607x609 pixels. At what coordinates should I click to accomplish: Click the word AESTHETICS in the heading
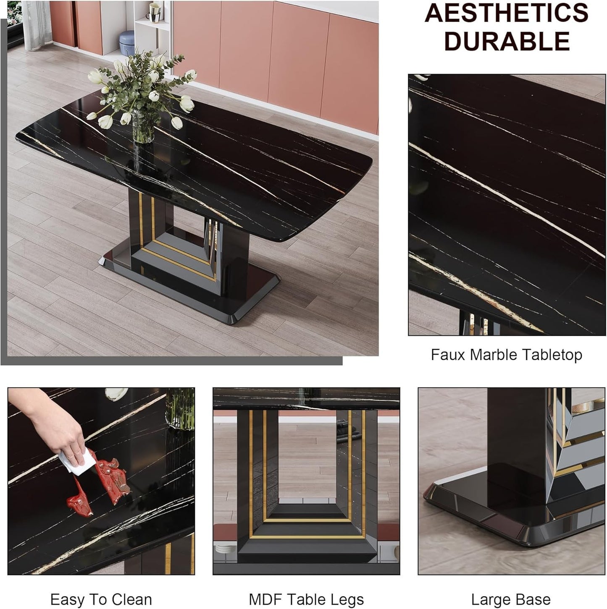(x=507, y=13)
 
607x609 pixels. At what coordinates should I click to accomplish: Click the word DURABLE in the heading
(x=507, y=41)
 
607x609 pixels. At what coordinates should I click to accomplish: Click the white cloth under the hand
(x=77, y=462)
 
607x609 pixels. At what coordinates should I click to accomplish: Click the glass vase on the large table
(x=143, y=126)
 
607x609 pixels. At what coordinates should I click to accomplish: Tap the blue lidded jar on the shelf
(x=127, y=43)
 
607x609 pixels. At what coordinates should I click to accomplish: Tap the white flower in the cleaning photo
(x=116, y=394)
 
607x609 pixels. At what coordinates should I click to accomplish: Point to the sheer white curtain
(x=37, y=25)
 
